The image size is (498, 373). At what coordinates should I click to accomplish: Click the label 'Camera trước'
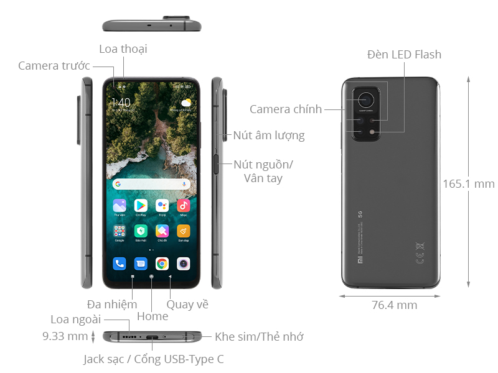coord(54,66)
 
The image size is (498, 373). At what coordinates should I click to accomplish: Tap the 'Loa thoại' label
coord(123,48)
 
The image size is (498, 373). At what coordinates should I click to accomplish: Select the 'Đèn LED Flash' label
coord(404,55)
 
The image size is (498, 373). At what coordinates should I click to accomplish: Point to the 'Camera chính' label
coord(286,109)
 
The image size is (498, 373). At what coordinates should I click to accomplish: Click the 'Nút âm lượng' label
coord(269,135)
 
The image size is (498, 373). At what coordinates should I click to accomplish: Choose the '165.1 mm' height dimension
coord(469,184)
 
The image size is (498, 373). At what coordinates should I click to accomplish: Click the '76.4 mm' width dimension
coord(394,305)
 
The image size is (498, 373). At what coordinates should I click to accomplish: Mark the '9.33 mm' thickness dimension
coord(65,336)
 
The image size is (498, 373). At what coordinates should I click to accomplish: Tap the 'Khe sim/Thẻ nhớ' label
coord(259,337)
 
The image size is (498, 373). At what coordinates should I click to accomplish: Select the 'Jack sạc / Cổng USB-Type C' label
coord(154,359)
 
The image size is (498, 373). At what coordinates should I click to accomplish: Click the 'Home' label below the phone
coord(153,316)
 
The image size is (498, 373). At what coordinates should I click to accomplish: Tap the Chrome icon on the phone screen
coord(162,264)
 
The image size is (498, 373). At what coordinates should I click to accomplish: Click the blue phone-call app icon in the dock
coord(120,264)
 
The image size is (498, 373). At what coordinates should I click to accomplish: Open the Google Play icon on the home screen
coord(141,205)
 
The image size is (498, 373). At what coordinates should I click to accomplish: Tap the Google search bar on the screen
coord(151,184)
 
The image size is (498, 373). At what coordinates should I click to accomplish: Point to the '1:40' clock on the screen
coord(121,102)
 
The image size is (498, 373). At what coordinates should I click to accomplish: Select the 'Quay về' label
coord(187,304)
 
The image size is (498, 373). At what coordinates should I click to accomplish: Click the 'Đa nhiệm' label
coord(112,304)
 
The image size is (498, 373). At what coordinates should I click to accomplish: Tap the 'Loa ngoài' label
coord(75,320)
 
